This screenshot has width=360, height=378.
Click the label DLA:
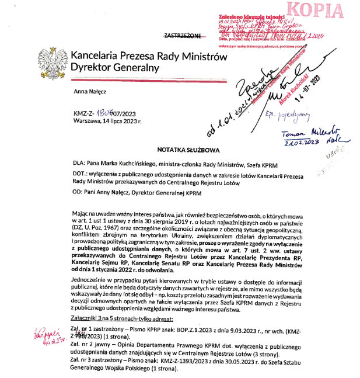[x=80, y=164]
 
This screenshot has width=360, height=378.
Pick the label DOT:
[x=81, y=175]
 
